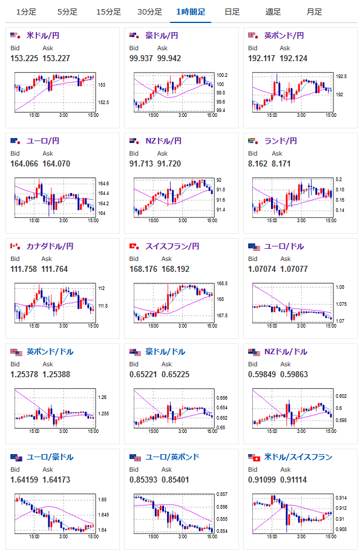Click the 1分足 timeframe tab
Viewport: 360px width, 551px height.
(x=26, y=12)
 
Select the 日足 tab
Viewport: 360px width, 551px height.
(x=232, y=12)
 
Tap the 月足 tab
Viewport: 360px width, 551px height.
(x=314, y=12)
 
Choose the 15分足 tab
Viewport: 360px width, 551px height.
(x=108, y=12)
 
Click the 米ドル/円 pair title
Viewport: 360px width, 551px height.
(x=43, y=36)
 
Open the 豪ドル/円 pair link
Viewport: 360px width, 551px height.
(x=162, y=36)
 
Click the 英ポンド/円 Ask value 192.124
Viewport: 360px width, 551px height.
(x=293, y=58)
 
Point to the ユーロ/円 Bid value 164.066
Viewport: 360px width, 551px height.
(x=24, y=163)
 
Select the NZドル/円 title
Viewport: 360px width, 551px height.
(x=163, y=141)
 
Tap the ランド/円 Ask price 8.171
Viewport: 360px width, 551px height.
(x=281, y=163)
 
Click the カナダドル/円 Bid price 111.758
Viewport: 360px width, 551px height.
(x=24, y=269)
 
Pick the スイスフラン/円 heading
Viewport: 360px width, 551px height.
(x=172, y=246)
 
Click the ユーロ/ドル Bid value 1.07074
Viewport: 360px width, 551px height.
(x=261, y=269)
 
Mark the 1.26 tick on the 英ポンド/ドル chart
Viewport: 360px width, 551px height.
(x=102, y=397)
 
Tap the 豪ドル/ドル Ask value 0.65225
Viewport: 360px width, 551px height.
(x=175, y=375)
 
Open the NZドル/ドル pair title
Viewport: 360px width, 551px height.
(x=286, y=352)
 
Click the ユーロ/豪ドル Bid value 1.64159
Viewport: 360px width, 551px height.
(x=24, y=480)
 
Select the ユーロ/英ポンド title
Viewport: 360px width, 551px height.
(x=172, y=457)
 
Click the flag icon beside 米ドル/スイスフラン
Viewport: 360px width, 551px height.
(x=254, y=458)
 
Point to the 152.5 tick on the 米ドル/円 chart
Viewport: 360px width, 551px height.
(x=103, y=102)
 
